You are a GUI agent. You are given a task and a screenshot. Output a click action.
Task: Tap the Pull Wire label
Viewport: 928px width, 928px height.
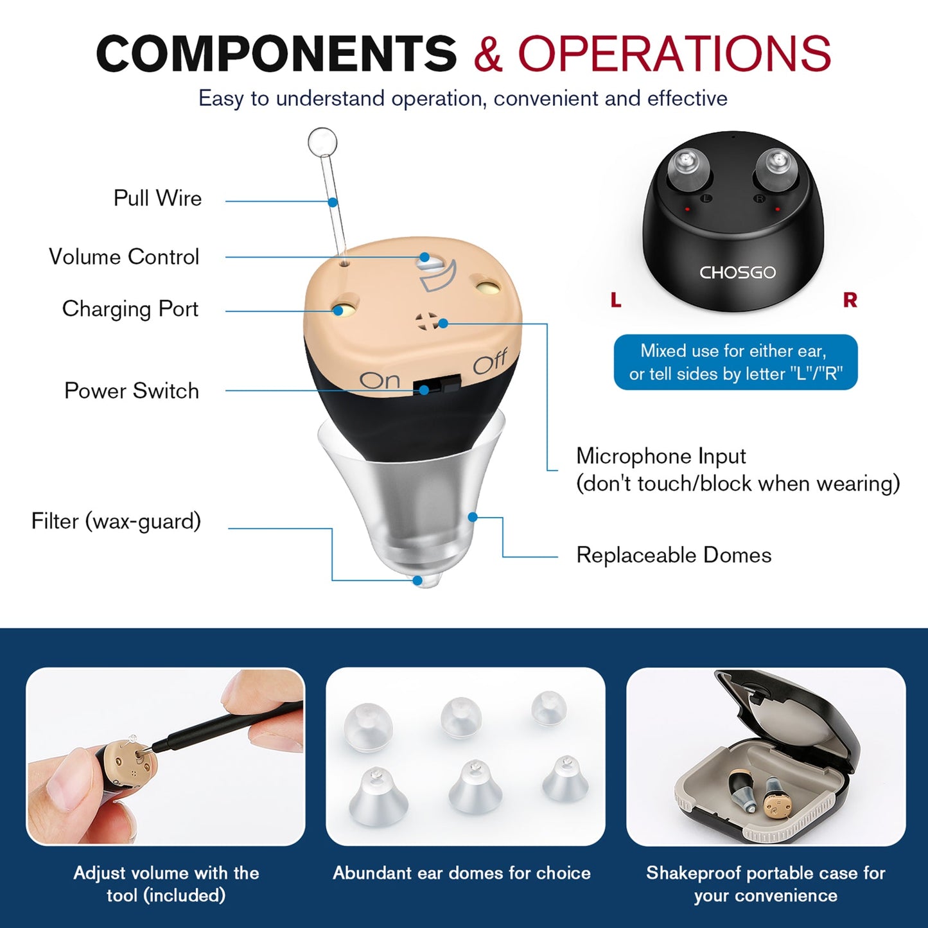[157, 198]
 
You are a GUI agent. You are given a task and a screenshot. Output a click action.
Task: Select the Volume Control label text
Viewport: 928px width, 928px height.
[124, 257]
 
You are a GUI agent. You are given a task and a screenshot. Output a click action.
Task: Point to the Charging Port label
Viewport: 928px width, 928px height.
[130, 309]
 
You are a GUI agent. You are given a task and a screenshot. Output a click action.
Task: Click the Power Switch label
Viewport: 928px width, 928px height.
[132, 391]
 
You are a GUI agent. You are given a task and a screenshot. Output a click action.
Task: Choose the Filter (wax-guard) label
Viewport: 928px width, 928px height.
[116, 521]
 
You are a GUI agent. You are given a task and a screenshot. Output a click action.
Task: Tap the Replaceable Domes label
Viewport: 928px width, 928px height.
[674, 556]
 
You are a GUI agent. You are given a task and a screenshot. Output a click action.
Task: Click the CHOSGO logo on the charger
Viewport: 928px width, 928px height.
[737, 273]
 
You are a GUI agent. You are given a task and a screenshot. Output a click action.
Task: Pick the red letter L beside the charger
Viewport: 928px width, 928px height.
[616, 300]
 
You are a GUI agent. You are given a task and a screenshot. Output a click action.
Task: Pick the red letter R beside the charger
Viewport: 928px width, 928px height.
[850, 300]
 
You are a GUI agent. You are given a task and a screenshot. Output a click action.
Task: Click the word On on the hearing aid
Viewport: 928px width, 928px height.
[380, 380]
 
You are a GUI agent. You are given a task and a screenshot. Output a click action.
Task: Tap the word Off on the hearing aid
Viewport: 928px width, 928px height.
[490, 363]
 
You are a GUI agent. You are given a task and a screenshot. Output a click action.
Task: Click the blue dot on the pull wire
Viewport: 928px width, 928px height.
[333, 202]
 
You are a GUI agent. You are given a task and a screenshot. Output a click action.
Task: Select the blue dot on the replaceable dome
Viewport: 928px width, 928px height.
[473, 517]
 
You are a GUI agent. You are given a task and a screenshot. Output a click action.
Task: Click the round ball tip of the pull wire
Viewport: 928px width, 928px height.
[322, 142]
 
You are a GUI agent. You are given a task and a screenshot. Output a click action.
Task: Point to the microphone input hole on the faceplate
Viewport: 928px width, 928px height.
[426, 321]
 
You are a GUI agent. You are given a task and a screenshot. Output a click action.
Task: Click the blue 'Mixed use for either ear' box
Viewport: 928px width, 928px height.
[735, 362]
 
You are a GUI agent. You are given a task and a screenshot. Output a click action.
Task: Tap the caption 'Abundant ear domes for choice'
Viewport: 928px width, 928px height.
[462, 873]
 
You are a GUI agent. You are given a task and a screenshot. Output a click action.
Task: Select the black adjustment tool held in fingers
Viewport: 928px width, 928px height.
[225, 726]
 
